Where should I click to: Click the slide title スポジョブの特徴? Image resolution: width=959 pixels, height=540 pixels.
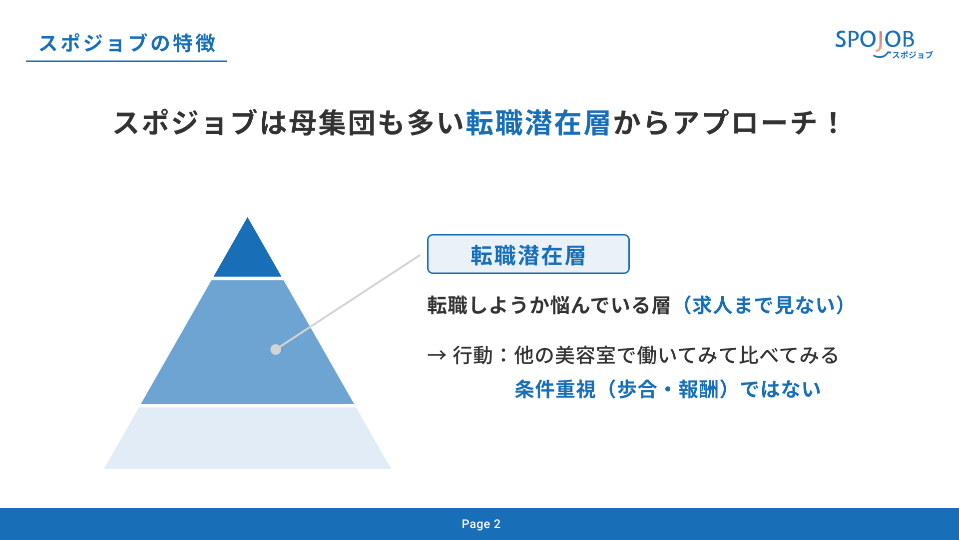click(127, 43)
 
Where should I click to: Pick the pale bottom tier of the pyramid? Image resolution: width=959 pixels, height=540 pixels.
click(247, 438)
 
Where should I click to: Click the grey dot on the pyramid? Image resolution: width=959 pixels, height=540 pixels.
click(276, 349)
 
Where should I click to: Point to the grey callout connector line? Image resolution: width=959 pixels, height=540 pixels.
click(348, 302)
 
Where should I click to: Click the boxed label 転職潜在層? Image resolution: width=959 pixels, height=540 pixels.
click(528, 254)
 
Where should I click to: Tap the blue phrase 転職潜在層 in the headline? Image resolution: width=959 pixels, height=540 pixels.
click(538, 123)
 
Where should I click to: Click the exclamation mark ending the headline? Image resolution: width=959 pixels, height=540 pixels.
click(833, 123)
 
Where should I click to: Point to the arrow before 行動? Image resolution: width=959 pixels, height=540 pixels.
click(437, 355)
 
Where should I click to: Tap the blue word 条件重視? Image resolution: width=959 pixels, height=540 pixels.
click(555, 389)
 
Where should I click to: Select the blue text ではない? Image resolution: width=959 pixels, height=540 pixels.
click(781, 389)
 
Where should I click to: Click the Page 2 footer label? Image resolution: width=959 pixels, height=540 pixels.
click(480, 524)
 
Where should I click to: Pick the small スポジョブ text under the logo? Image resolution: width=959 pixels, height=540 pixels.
click(913, 55)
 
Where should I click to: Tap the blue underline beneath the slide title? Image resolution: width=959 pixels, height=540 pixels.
click(126, 61)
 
